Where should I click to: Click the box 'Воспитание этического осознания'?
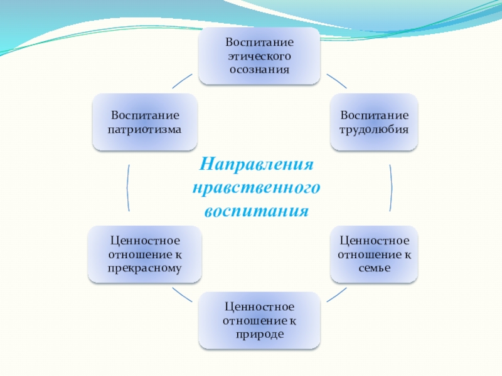[259, 56]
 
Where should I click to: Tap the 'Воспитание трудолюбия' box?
[374, 123]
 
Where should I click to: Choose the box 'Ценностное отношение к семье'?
[374, 254]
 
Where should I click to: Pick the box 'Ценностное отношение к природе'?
[259, 321]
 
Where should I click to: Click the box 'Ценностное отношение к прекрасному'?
[146, 254]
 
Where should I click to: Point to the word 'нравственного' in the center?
[256, 187]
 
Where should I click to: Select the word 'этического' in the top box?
[259, 56]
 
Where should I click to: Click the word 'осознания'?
[259, 69]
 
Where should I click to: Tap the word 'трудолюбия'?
[374, 130]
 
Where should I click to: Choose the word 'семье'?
[374, 268]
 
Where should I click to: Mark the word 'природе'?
[259, 335]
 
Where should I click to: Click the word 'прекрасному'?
[146, 268]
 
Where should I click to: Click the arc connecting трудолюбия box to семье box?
[392, 188]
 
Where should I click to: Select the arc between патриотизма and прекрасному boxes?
[127, 188]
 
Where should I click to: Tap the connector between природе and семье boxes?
[337, 294]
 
